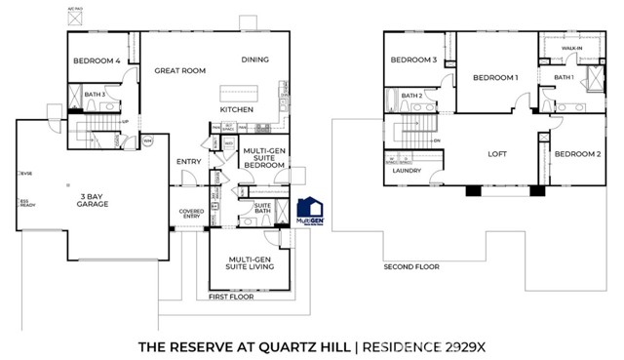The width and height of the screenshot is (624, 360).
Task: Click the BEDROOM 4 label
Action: click(97, 61)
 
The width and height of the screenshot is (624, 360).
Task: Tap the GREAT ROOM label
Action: click(178, 70)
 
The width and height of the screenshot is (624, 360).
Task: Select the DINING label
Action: click(255, 60)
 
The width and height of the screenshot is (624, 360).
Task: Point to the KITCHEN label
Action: click(237, 110)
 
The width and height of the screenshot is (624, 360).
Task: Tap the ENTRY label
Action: click(188, 162)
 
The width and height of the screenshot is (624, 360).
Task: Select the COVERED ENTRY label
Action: click(191, 215)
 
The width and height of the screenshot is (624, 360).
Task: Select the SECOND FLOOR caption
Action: click(410, 265)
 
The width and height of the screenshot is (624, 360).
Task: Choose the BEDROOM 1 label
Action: click(495, 77)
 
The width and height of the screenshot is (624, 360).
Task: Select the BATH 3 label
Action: click(95, 94)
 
